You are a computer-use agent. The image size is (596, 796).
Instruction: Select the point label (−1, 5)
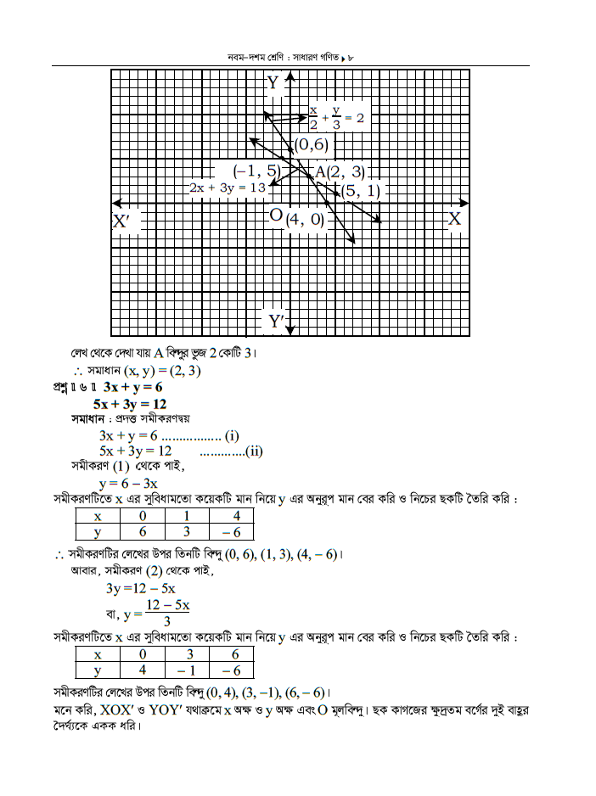pyautogui.click(x=256, y=169)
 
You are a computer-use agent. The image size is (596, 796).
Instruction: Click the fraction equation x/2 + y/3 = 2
pyautogui.click(x=336, y=117)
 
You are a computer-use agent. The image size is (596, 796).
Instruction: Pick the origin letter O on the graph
pyautogui.click(x=275, y=216)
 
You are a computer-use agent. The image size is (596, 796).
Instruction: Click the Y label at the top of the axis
pyautogui.click(x=273, y=82)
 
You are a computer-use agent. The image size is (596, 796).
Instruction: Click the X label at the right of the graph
pyautogui.click(x=455, y=218)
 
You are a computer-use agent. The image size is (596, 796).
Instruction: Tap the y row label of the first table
pyautogui.click(x=98, y=532)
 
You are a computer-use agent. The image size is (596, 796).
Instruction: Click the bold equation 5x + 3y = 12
pyautogui.click(x=130, y=404)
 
